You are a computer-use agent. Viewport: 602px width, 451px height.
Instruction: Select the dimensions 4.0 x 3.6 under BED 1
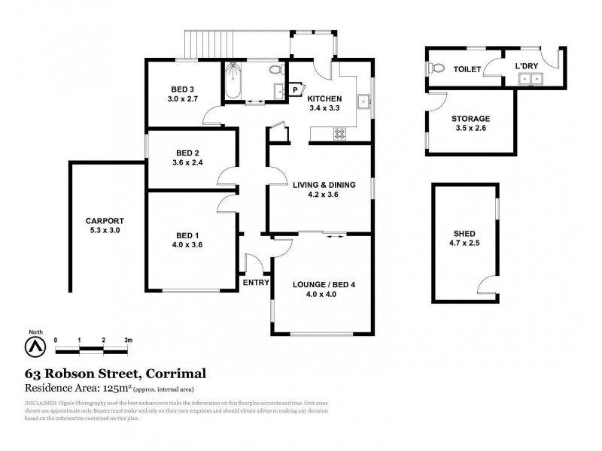[187, 244]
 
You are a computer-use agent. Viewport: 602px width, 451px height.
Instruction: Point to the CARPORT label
[103, 220]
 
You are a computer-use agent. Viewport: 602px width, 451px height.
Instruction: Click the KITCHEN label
[325, 98]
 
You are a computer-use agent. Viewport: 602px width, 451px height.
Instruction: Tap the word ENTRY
[256, 283]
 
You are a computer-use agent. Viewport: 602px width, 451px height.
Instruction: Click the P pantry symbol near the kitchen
[295, 89]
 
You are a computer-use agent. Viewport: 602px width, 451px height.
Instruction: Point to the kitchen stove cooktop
[339, 134]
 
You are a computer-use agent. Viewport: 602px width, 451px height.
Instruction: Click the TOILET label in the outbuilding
[467, 69]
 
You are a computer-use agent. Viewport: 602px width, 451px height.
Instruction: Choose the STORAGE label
[471, 119]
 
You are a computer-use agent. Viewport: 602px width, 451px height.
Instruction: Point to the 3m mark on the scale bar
[128, 341]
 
